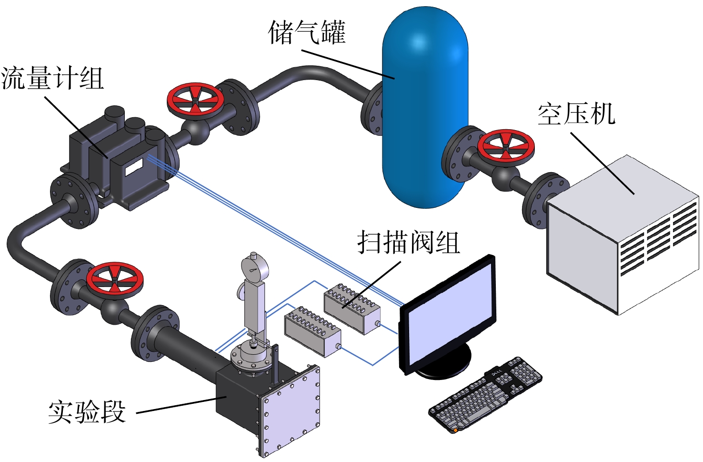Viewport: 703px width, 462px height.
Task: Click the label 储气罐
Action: pos(307,32)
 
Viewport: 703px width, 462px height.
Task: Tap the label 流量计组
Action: pos(52,78)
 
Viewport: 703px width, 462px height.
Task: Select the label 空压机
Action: pos(576,114)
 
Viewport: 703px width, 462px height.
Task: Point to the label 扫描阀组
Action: pos(409,242)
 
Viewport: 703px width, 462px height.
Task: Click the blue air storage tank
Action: pos(425,107)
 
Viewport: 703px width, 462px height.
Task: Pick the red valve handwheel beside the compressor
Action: pos(506,148)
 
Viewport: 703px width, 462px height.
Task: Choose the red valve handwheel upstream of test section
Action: pos(115,280)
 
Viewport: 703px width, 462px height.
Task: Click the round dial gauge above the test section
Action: pos(255,269)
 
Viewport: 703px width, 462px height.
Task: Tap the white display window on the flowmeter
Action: pos(134,167)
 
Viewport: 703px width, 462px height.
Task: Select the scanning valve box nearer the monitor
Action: pos(352,309)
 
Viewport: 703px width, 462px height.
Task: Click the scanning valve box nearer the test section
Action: pos(312,332)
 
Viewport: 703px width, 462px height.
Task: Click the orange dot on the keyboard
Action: pos(455,430)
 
